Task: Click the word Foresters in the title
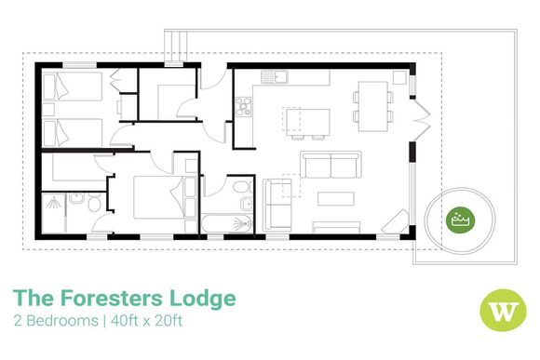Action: pyautogui.click(x=116, y=299)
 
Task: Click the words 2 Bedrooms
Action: pyautogui.click(x=55, y=321)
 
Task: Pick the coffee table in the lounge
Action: pyautogui.click(x=332, y=197)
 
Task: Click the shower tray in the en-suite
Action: pyautogui.click(x=55, y=211)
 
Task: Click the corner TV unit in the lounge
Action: pyautogui.click(x=399, y=223)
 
